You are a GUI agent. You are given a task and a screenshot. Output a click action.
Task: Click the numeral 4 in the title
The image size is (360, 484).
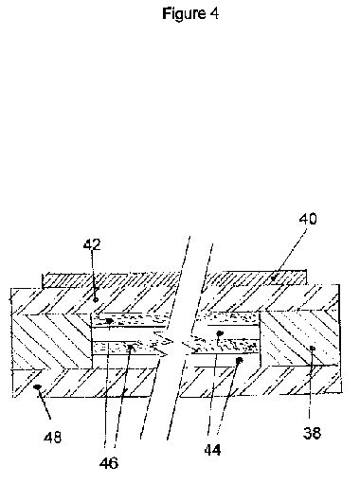[213, 13]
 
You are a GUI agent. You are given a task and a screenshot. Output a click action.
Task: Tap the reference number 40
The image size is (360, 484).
[308, 219]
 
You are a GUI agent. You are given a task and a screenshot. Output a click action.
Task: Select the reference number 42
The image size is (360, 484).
[92, 244]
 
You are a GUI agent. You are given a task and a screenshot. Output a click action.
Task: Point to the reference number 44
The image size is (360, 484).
[212, 450]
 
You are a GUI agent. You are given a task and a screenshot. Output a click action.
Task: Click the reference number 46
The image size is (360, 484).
[109, 463]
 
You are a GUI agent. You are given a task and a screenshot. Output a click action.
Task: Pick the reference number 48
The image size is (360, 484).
[53, 438]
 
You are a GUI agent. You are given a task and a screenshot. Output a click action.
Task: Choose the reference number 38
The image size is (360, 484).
[312, 433]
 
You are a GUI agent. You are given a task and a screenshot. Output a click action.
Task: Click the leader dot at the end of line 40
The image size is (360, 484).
[274, 278]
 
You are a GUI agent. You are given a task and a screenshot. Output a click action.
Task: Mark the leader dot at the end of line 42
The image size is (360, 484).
[96, 299]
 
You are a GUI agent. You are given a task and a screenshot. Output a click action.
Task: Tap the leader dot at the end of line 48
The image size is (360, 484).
[38, 386]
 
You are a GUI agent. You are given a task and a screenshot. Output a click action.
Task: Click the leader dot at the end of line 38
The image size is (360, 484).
[312, 348]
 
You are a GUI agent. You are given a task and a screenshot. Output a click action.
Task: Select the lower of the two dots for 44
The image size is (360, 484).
[239, 359]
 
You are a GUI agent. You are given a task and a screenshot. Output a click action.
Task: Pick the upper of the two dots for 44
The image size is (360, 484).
[220, 332]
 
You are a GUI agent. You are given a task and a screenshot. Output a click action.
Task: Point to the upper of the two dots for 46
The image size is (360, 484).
[109, 321]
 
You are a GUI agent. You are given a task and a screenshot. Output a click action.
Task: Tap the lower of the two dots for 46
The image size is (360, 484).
[130, 347]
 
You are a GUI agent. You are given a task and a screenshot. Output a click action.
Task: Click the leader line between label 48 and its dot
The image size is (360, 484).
[45, 403]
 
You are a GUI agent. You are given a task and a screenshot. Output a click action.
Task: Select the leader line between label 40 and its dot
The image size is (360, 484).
[290, 254]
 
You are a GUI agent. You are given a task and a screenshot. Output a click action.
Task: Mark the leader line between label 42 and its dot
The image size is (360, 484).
[94, 275]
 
